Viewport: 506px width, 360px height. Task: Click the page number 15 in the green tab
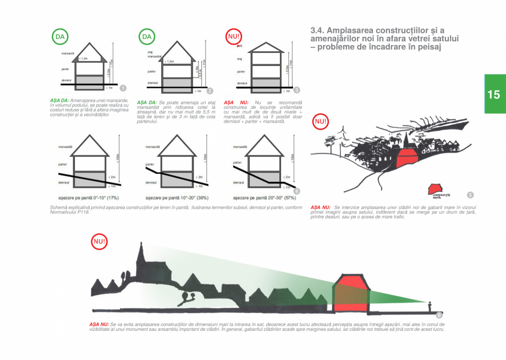click(493, 94)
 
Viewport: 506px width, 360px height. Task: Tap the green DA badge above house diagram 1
click(60, 37)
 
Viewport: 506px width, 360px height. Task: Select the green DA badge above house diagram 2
click(146, 37)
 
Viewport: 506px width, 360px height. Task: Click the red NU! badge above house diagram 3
click(234, 37)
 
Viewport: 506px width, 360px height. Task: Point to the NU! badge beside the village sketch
click(320, 121)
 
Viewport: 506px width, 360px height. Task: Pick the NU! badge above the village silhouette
click(100, 241)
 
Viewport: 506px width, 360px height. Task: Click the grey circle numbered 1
click(123, 88)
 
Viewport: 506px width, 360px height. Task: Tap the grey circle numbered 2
click(210, 90)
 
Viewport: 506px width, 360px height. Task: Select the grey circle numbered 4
click(297, 191)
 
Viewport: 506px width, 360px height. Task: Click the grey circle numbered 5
click(470, 195)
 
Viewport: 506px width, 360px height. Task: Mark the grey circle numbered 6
click(439, 315)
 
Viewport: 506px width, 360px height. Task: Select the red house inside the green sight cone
click(351, 292)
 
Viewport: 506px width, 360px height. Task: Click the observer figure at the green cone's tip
click(429, 304)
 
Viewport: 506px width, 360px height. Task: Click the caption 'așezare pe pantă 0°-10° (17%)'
click(89, 197)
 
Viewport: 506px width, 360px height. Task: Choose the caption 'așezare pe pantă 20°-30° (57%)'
click(264, 197)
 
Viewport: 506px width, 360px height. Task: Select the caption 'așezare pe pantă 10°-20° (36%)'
click(176, 197)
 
